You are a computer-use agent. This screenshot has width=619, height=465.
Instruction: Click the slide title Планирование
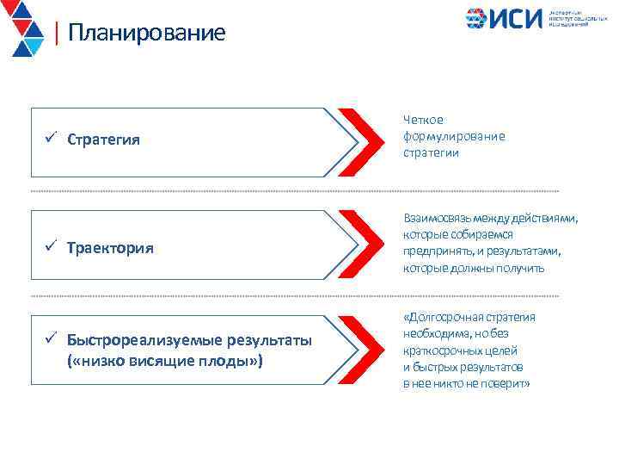click(x=146, y=33)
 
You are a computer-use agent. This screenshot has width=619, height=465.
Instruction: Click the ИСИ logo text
click(x=517, y=19)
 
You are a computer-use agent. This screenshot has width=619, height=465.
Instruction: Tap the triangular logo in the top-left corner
click(x=24, y=28)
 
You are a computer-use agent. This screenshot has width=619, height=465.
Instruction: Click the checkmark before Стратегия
click(x=52, y=139)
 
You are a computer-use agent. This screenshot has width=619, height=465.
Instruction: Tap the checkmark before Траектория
click(x=52, y=247)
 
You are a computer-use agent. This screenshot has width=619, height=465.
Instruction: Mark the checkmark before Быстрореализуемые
click(x=52, y=341)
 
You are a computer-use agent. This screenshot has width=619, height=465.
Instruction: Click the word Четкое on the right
click(x=423, y=121)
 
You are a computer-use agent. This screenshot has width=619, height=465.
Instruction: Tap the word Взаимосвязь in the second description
click(x=438, y=219)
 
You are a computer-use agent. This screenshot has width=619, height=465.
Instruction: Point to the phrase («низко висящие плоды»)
click(x=164, y=360)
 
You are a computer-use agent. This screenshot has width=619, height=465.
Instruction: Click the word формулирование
click(x=454, y=136)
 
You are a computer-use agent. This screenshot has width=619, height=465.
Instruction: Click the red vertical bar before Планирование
click(x=56, y=33)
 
